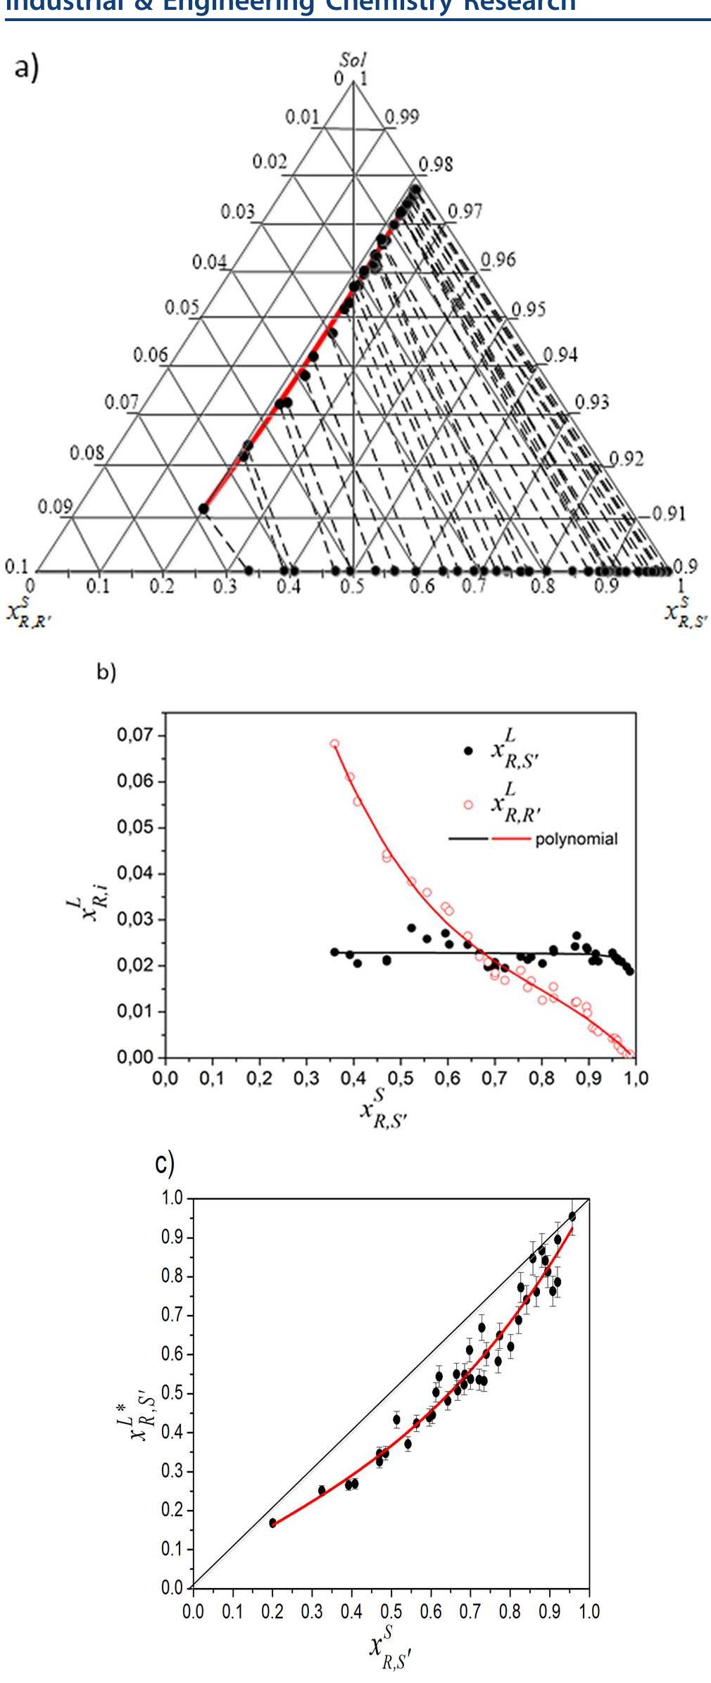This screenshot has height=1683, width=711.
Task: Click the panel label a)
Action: pos(26,69)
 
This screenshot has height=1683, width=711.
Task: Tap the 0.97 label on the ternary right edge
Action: pos(465,211)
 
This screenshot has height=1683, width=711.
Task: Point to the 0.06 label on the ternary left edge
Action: pos(151,355)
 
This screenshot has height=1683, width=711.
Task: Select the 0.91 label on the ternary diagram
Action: pos(667,514)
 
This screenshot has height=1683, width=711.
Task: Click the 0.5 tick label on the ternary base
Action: pos(352,586)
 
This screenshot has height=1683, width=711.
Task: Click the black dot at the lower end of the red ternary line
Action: pos(203,509)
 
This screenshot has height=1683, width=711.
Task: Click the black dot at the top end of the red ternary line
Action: pos(415,189)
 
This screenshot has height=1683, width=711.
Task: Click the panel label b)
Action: pos(106,673)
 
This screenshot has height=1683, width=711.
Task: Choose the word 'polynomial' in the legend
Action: pos(576,839)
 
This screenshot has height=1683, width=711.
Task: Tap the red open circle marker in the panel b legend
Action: pos(469,804)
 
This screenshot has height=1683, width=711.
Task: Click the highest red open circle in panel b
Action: pos(334,744)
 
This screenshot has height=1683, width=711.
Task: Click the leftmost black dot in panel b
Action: pos(334,952)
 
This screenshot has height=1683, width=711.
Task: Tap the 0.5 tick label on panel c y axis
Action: pos(172,1393)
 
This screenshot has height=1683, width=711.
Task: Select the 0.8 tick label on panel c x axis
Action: pos(510,1611)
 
